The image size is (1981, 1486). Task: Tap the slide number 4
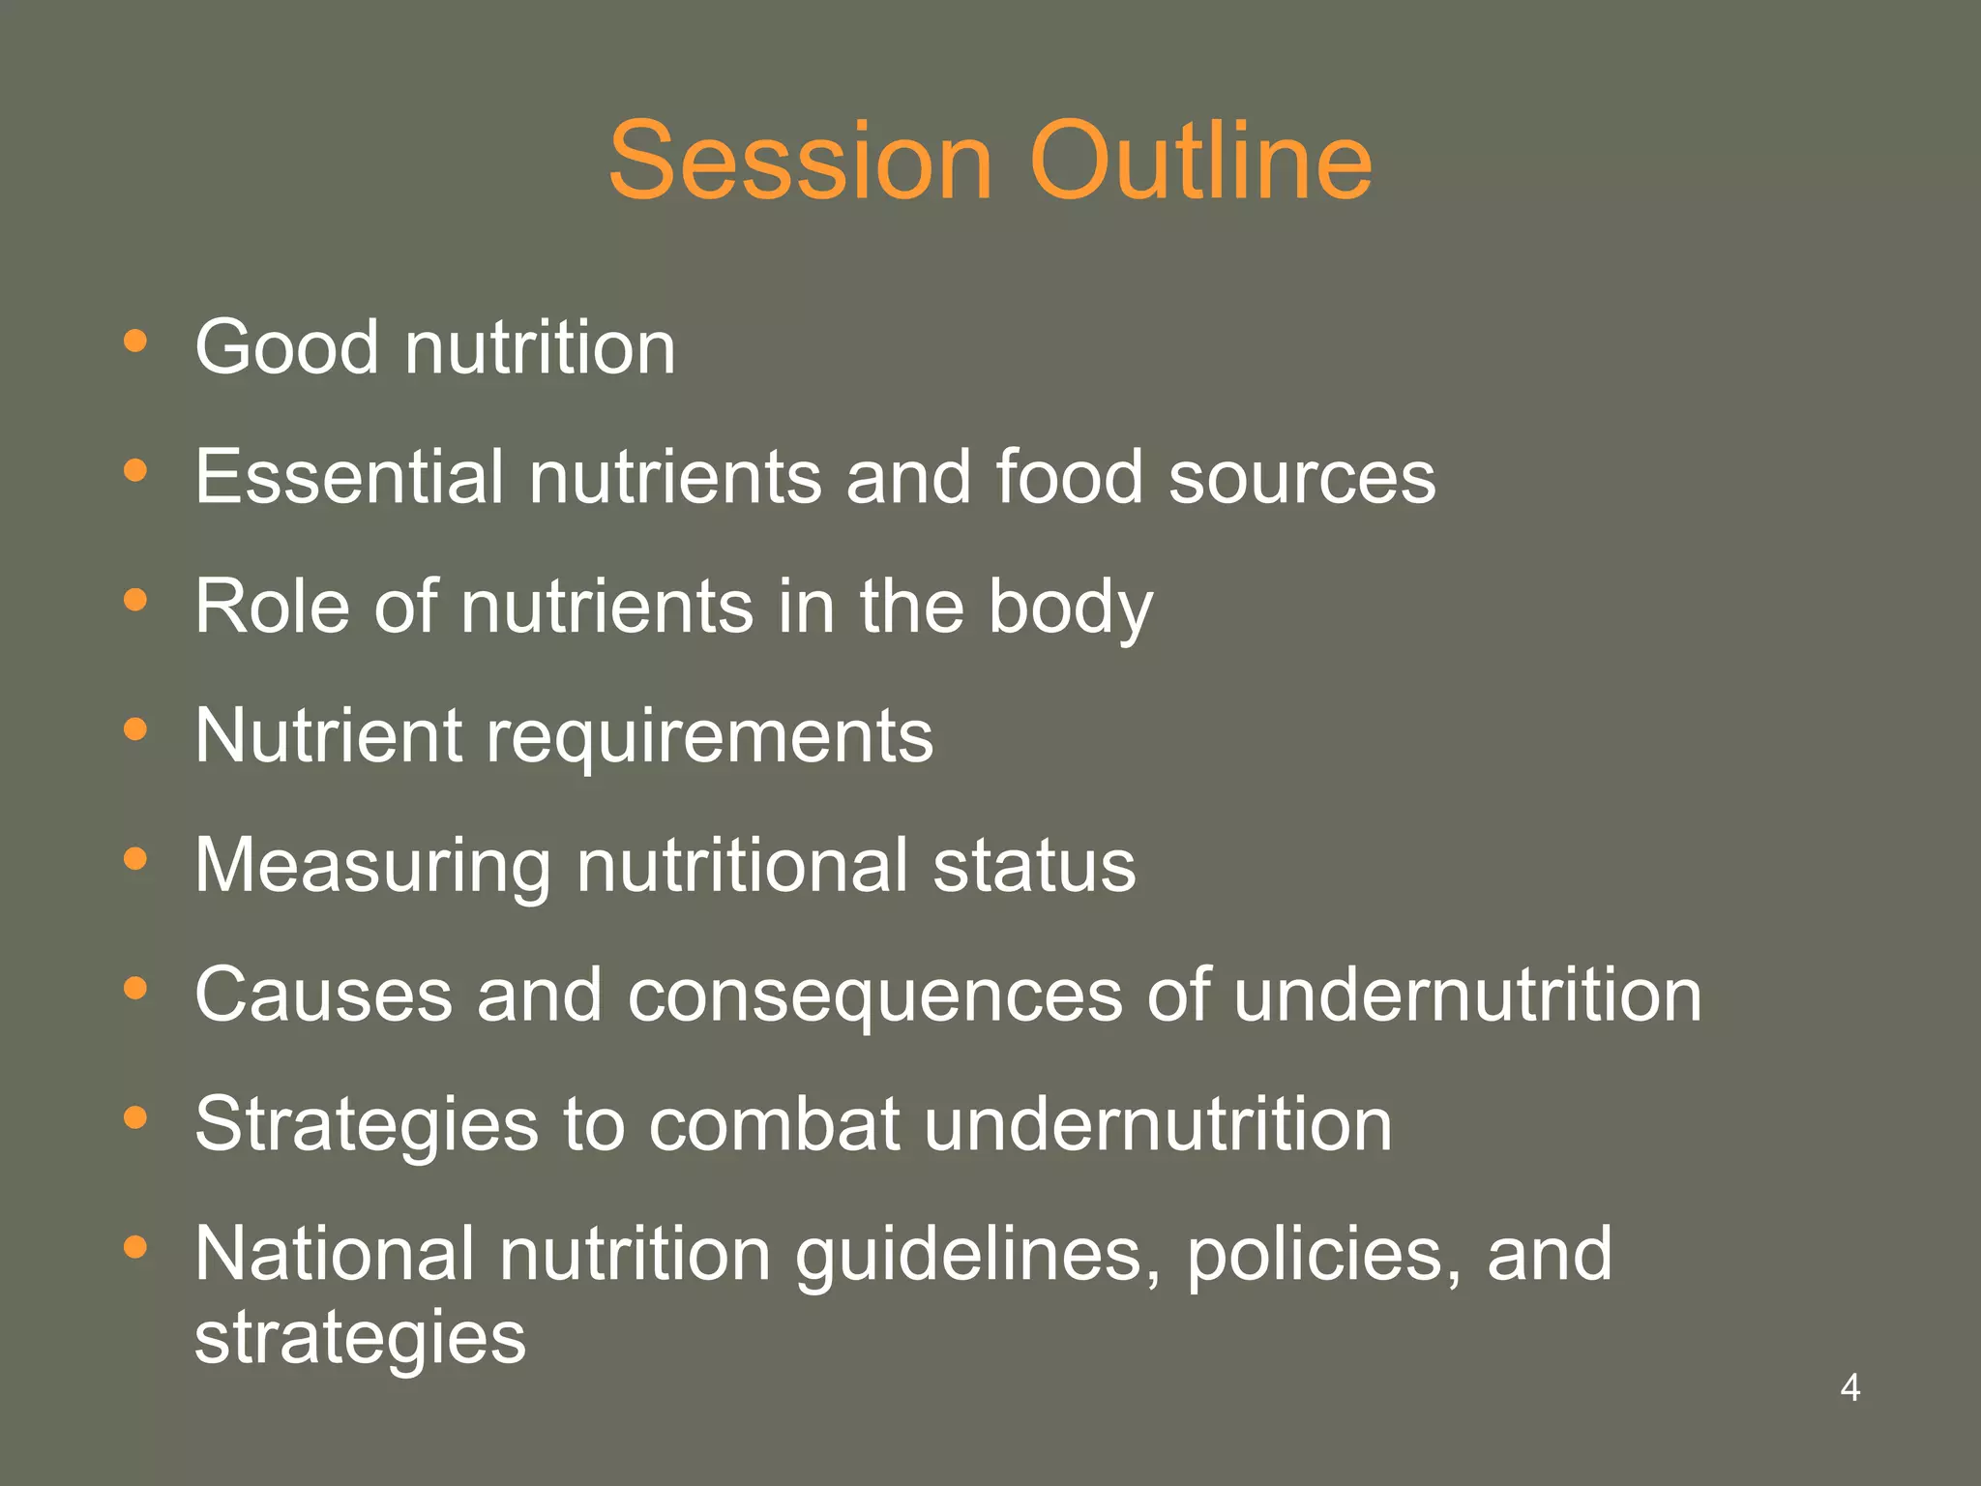(1849, 1387)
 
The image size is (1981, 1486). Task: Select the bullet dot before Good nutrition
(135, 341)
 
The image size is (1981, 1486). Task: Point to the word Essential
(349, 476)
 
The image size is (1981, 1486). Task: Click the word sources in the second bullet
(1301, 476)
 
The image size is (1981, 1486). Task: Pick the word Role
(272, 607)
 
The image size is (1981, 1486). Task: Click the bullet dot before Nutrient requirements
(135, 728)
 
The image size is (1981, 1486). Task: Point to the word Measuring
(372, 867)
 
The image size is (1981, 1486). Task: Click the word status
(1034, 865)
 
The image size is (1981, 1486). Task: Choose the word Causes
(323, 995)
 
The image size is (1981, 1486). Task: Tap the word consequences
(874, 996)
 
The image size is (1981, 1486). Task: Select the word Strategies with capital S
(367, 1126)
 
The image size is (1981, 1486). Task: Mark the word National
(335, 1254)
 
